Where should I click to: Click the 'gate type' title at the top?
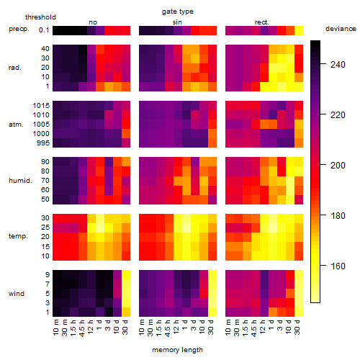point(178,12)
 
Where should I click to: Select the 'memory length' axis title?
point(177,350)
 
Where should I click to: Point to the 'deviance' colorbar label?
point(341,29)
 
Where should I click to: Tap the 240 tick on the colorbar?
point(338,65)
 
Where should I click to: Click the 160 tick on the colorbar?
point(338,266)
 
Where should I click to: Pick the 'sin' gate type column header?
point(177,22)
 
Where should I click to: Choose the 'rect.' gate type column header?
point(262,22)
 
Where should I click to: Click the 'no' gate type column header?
point(93,22)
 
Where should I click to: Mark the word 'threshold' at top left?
point(40,17)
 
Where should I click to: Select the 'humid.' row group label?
point(20,180)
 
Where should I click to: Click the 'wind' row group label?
point(17,293)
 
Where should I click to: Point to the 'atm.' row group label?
point(16,125)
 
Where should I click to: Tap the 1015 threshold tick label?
point(41,106)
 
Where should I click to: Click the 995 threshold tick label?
point(43,143)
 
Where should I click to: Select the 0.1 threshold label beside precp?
point(44,30)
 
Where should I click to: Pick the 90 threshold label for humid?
point(45,162)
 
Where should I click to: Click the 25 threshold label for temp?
point(45,227)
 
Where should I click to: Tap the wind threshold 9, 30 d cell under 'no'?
point(126,275)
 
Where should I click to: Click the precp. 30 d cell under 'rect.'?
point(299,30)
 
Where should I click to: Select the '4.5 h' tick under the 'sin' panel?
point(168,328)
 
